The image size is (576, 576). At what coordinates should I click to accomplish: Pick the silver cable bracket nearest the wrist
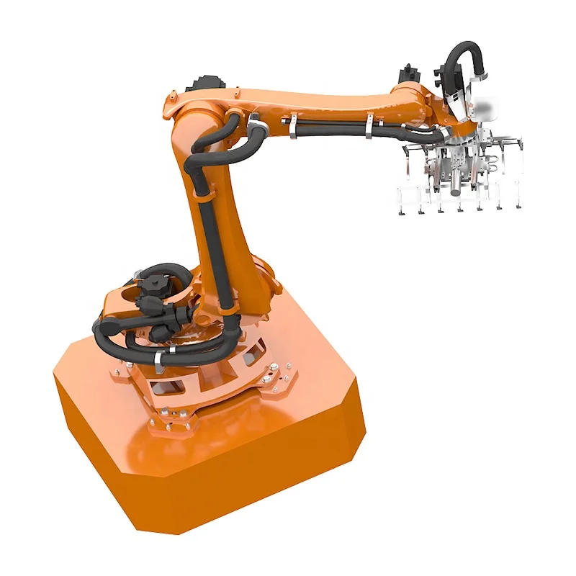click(369, 127)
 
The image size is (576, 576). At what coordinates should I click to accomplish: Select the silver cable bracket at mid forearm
click(294, 127)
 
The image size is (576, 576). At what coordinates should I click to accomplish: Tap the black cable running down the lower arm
click(213, 238)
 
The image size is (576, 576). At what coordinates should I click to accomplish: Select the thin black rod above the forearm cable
click(331, 122)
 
